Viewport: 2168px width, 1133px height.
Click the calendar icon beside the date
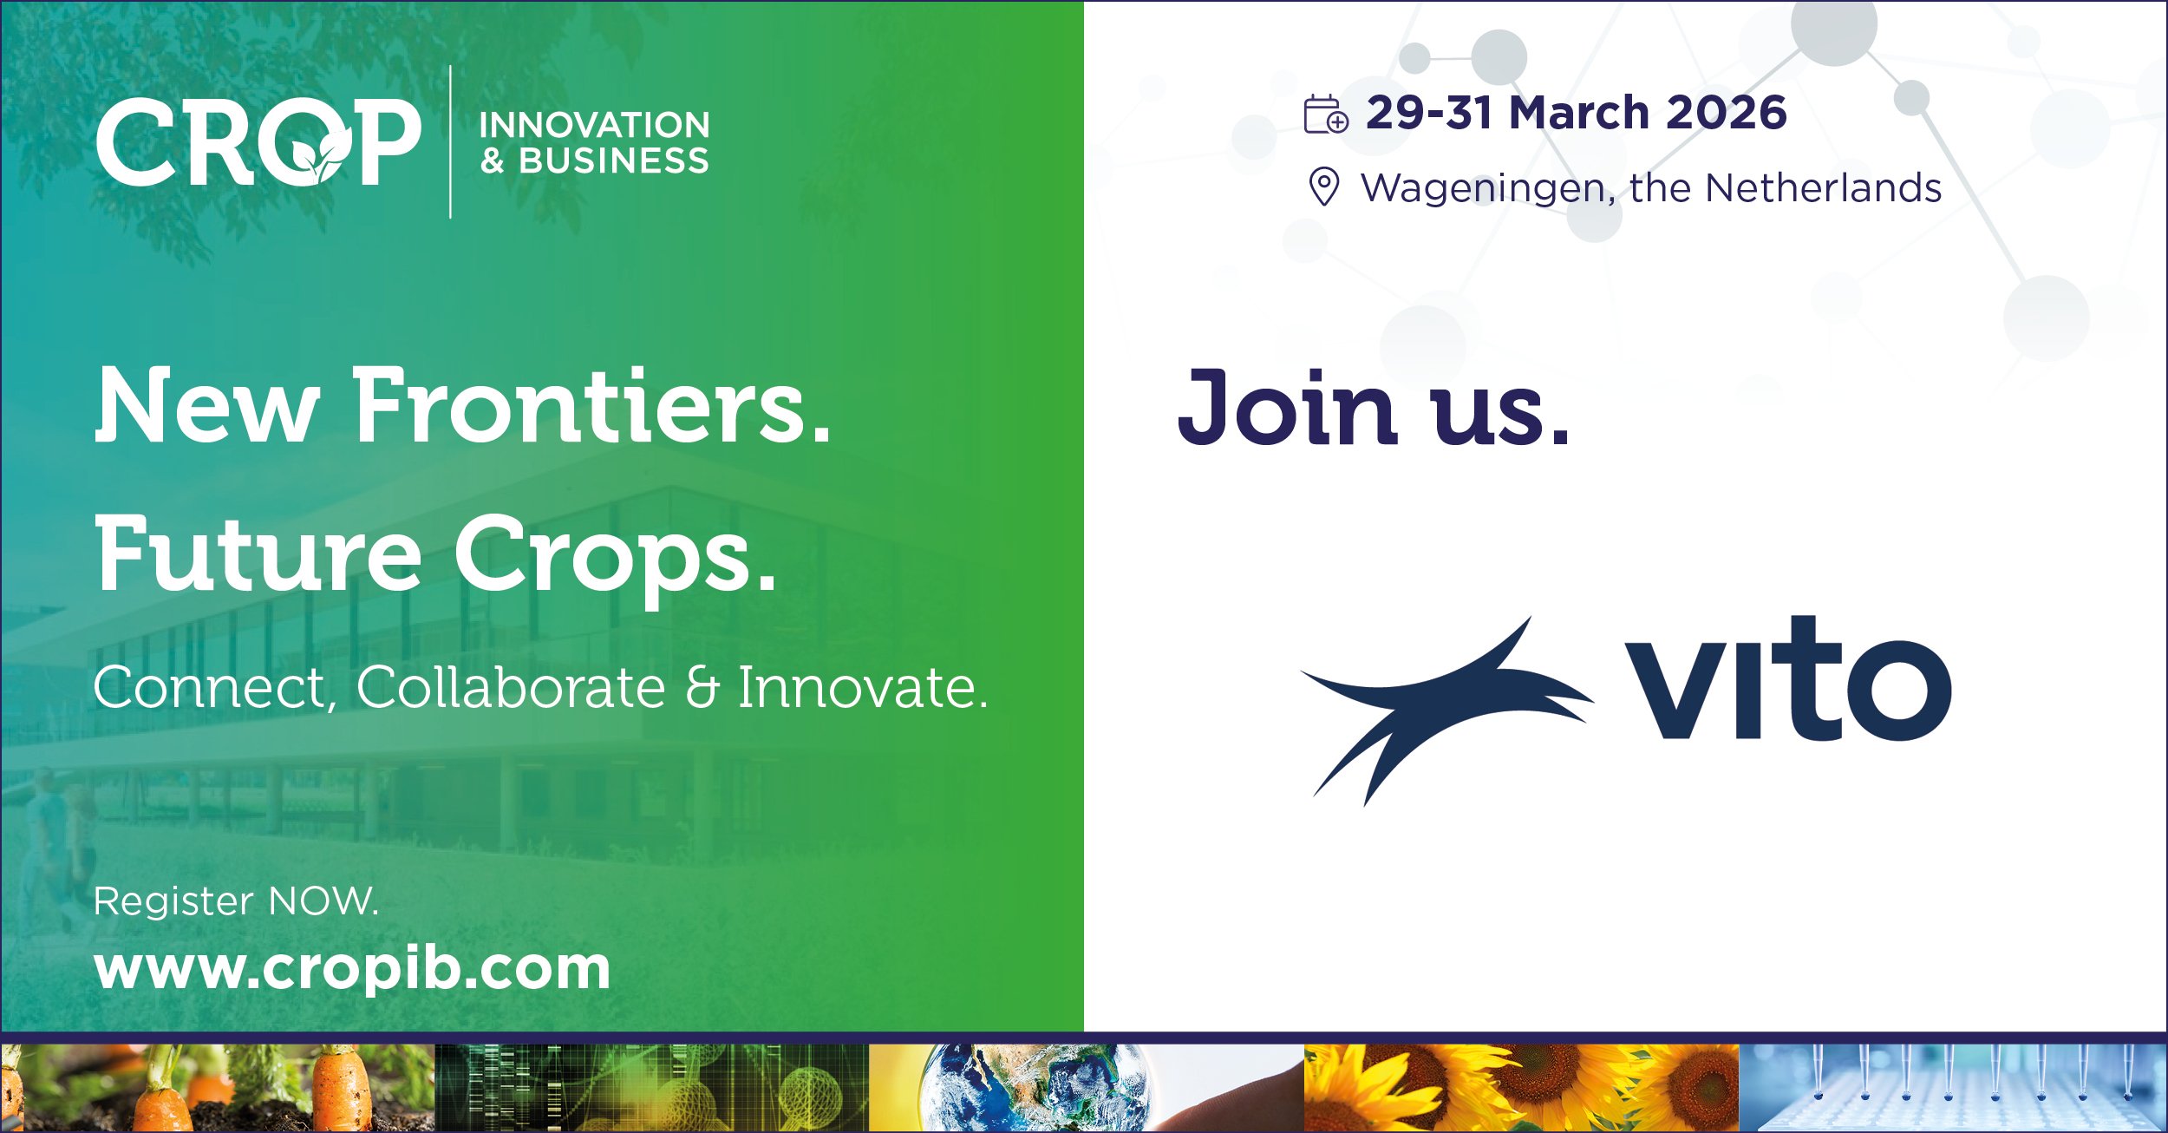click(x=1326, y=114)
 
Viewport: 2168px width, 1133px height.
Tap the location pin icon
click(x=1323, y=187)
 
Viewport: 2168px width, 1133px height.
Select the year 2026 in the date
click(x=1726, y=113)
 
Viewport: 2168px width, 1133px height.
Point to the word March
click(x=1578, y=113)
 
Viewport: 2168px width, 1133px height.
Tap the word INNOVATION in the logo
click(x=595, y=125)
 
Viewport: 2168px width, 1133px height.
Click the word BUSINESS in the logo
click(x=614, y=161)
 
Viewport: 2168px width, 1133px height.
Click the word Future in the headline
click(x=258, y=553)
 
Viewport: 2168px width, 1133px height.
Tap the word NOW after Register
click(x=323, y=901)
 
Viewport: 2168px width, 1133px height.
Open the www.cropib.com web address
click(x=353, y=968)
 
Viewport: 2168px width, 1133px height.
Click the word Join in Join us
click(x=1286, y=407)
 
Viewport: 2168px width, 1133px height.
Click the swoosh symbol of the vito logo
click(x=1446, y=711)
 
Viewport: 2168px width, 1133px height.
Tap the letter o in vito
click(x=1898, y=691)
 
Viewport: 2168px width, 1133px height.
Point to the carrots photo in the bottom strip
click(x=218, y=1088)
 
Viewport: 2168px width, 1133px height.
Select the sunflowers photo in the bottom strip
click(x=1521, y=1088)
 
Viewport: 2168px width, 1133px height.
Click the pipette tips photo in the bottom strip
click(x=1953, y=1088)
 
